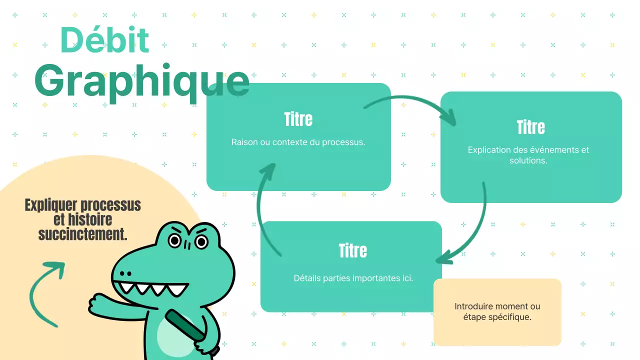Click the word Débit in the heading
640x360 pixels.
pos(104,40)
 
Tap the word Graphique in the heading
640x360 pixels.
pos(141,82)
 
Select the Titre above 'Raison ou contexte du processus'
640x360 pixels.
pos(298,119)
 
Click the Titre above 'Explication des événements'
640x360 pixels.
pos(530,127)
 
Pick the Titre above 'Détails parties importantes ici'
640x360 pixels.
pos(352,250)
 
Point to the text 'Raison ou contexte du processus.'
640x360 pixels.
pos(298,142)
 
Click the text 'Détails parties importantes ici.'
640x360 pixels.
pos(353,278)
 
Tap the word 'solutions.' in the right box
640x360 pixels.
pos(528,160)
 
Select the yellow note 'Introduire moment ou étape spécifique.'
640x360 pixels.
pos(497,311)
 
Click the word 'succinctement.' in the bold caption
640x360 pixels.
pos(83,233)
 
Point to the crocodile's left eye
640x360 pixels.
pos(174,241)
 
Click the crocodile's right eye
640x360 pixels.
pos(201,242)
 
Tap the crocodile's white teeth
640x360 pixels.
pos(150,288)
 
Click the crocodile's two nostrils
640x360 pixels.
pos(125,273)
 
